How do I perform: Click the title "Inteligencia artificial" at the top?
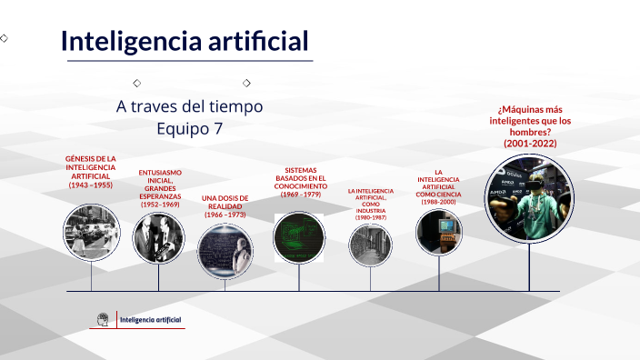point(185,41)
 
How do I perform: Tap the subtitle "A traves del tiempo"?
point(189,106)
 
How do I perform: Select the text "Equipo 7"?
point(189,128)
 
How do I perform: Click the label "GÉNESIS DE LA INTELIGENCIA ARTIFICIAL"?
point(91,171)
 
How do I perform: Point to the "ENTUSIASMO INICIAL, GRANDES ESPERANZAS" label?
point(160,188)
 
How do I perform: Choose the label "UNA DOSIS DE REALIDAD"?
point(223,206)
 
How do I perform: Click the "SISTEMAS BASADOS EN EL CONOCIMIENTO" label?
point(300,182)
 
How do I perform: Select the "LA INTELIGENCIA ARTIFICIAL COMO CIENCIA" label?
point(438,186)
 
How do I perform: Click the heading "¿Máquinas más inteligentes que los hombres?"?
point(530,126)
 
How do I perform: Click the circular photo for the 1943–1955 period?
point(91,234)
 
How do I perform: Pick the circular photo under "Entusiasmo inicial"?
point(158,238)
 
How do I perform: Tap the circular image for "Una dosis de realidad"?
point(224,249)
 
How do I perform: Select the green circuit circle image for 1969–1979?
point(299,237)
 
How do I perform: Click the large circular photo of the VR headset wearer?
point(529,198)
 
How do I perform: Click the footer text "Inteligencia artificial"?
point(151,320)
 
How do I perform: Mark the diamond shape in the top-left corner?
point(5,38)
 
